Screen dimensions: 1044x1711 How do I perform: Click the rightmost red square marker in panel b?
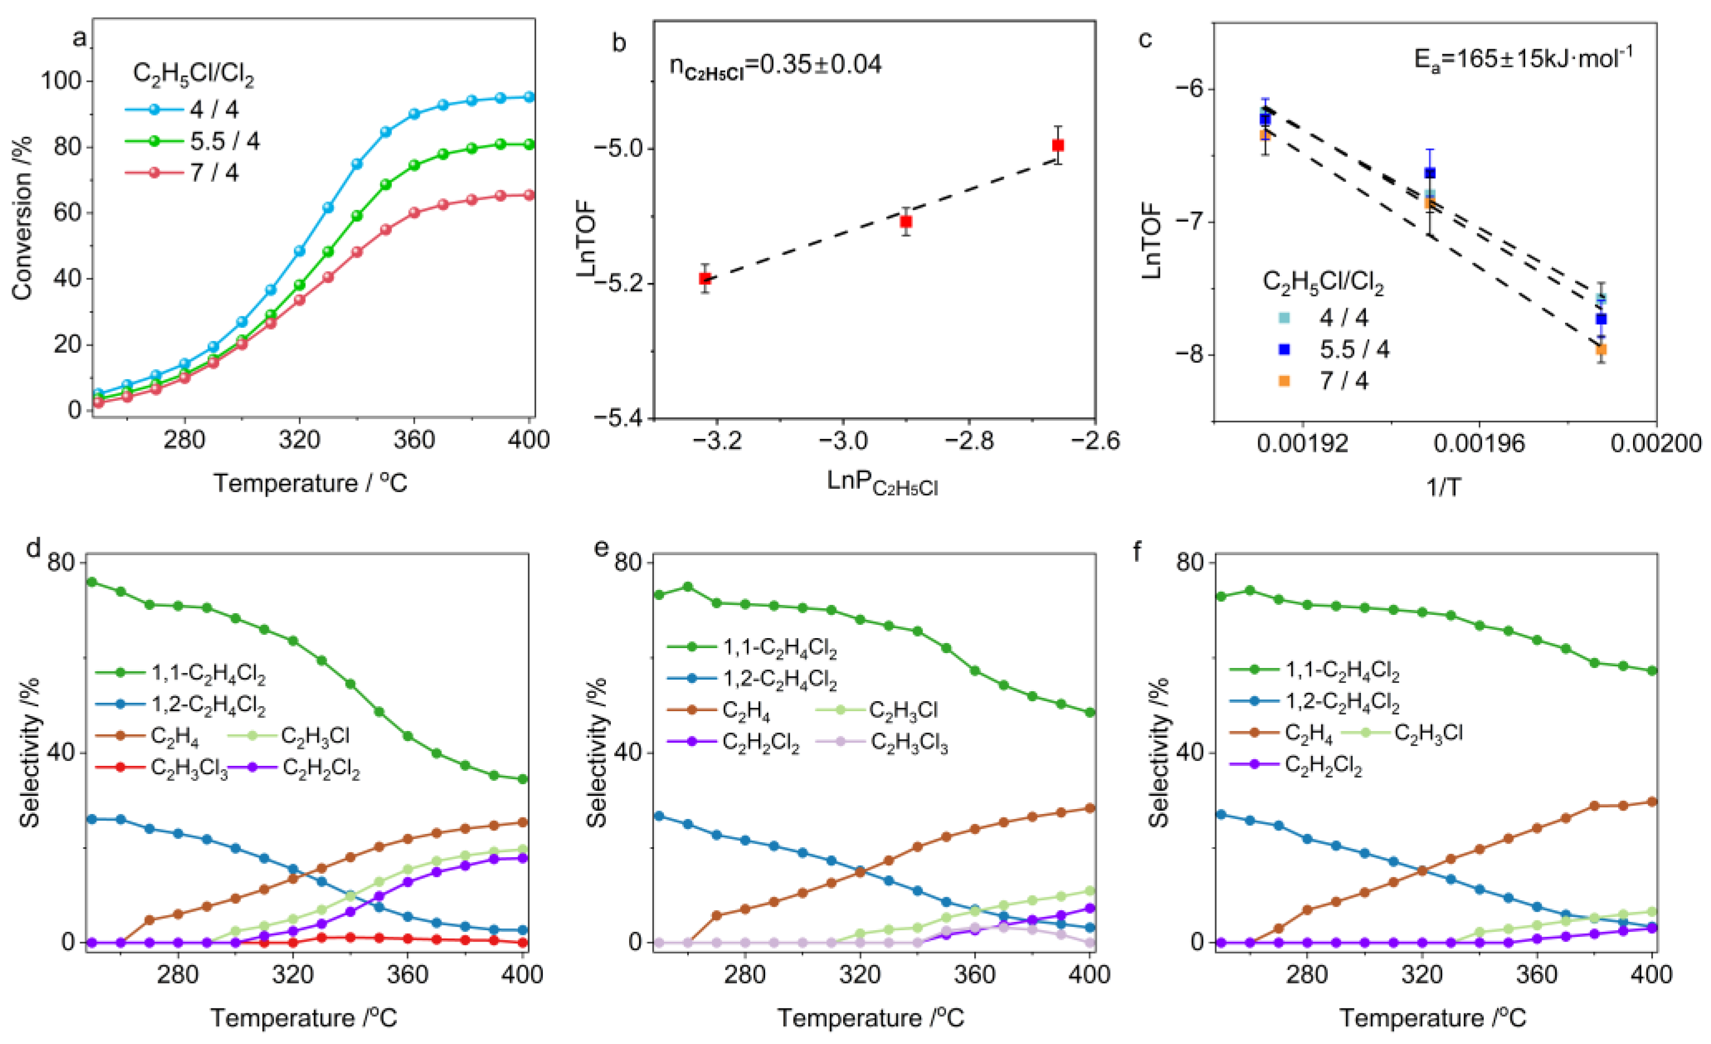point(1058,145)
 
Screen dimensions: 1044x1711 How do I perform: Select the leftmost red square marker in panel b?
point(705,279)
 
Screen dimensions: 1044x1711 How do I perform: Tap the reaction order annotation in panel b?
point(775,65)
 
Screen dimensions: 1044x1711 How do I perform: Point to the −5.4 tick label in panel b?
point(619,417)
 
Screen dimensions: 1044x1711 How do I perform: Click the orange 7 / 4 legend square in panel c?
point(1284,380)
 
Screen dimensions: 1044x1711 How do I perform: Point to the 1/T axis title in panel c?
point(1443,487)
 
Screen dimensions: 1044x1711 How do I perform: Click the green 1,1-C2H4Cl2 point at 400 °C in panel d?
point(523,779)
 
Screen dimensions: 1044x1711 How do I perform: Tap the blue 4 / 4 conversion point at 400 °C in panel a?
point(529,97)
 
